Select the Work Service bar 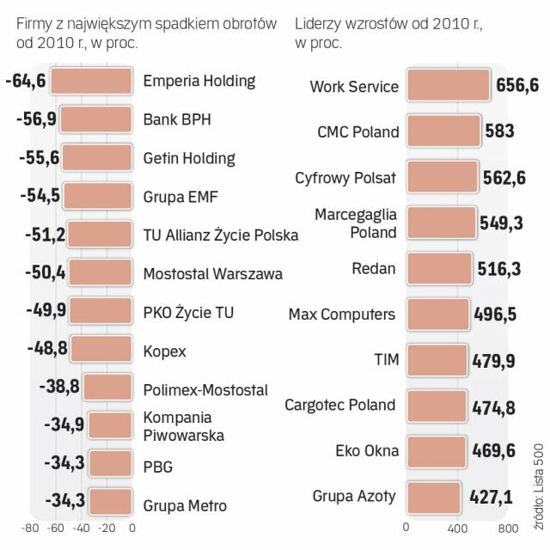tap(449, 86)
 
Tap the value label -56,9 tap(36, 119)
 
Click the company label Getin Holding tap(189, 158)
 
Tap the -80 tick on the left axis tap(30, 528)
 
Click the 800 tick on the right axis tap(506, 528)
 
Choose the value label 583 tap(499, 131)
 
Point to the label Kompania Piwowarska tap(184, 426)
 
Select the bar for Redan tap(439, 268)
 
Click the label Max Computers tap(342, 315)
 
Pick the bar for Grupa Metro tap(110, 504)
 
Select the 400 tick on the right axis tap(456, 528)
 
